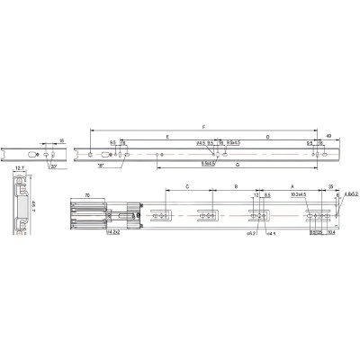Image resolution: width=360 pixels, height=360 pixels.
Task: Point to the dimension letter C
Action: click(x=186, y=186)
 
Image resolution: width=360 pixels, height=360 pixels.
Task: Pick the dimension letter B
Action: click(x=235, y=186)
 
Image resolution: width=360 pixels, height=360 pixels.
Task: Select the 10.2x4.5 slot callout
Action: click(x=299, y=194)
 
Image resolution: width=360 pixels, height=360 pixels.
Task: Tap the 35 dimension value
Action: click(x=332, y=185)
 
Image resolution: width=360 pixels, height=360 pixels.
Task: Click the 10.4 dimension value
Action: click(x=332, y=232)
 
